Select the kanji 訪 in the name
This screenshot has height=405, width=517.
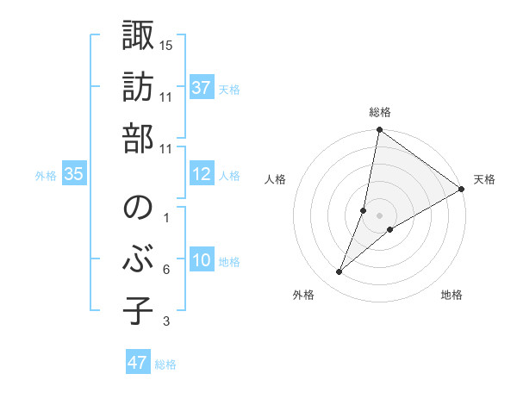138,89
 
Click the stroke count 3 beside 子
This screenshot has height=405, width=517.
166,321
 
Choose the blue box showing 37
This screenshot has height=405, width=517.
202,88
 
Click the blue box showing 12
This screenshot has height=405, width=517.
202,175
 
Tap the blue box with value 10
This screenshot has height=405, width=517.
202,261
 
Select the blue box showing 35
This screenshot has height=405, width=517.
74,175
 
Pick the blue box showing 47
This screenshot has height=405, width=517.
138,363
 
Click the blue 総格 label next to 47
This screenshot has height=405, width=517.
165,364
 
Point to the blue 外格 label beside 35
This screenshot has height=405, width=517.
46,176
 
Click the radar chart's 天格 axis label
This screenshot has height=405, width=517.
484,179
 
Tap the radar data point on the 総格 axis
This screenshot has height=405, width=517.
379,130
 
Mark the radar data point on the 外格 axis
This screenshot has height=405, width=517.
339,272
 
